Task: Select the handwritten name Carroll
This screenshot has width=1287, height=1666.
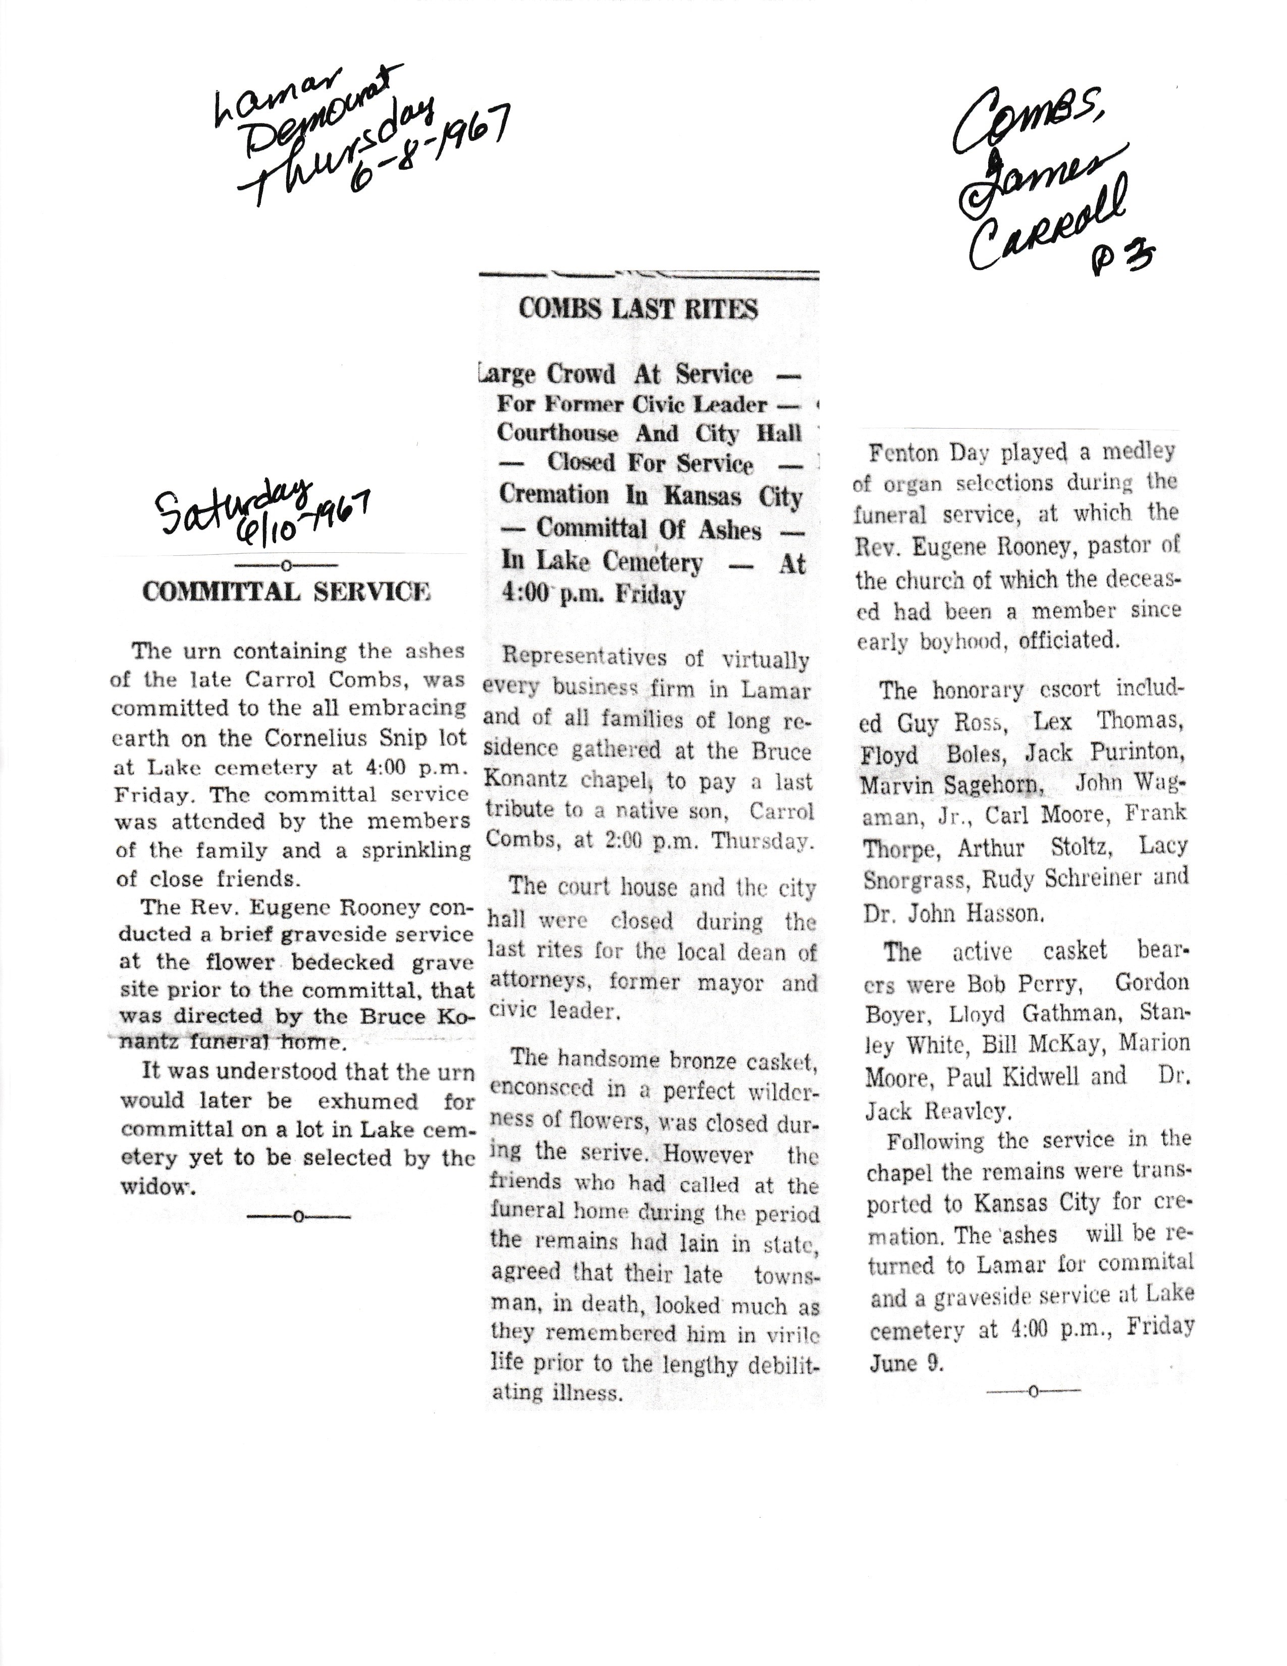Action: [x=1045, y=229]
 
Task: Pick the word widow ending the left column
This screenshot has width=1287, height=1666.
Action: [x=156, y=1188]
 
